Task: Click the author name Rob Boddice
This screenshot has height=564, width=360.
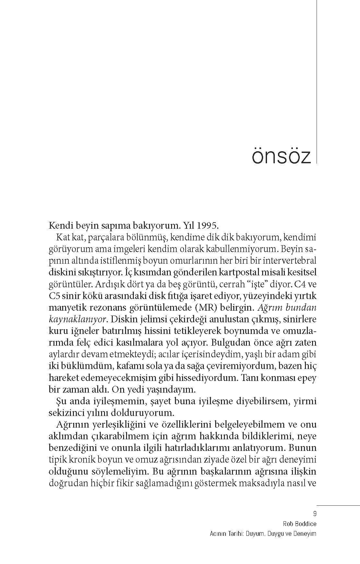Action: [300, 524]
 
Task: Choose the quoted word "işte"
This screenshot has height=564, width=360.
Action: [258, 284]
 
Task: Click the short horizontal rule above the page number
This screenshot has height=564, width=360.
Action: [338, 505]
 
